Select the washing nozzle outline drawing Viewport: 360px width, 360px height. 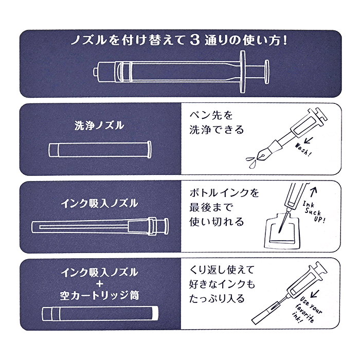point(101,150)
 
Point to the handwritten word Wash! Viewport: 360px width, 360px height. point(303,148)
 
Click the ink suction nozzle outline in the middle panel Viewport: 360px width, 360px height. point(100,226)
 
